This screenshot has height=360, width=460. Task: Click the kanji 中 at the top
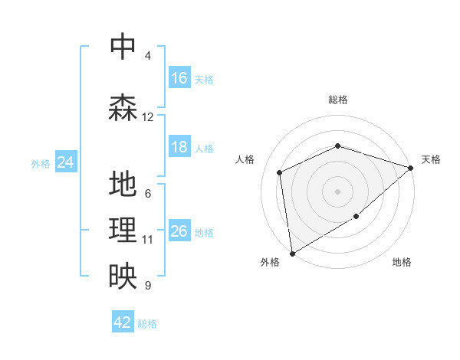click(x=123, y=47)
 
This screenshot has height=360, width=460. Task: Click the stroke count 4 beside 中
click(x=148, y=56)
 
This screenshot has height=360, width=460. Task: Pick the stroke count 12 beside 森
click(x=148, y=117)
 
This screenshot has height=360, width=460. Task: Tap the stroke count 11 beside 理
click(x=148, y=240)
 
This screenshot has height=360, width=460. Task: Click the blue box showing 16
click(x=179, y=78)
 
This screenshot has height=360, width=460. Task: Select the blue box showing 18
click(x=179, y=147)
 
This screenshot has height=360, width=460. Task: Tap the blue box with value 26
click(x=179, y=231)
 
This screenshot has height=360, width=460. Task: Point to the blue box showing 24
click(x=65, y=162)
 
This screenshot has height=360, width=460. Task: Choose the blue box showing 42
click(x=123, y=322)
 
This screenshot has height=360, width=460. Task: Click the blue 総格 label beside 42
click(x=147, y=324)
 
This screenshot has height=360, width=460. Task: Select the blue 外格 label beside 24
click(x=41, y=163)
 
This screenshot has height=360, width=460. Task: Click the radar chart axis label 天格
click(x=431, y=159)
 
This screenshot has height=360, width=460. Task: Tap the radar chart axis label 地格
click(x=402, y=263)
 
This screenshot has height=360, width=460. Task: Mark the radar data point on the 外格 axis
click(x=292, y=253)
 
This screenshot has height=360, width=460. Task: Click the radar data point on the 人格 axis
click(x=280, y=172)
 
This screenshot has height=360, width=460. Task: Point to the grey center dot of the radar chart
click(x=337, y=191)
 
